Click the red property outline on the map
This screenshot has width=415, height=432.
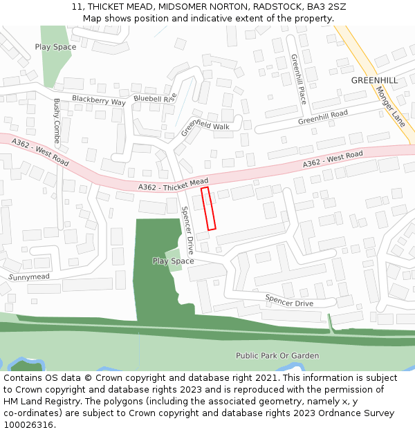(208, 208)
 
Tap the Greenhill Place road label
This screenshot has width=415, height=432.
(298, 79)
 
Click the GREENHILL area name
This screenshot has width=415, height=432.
(374, 80)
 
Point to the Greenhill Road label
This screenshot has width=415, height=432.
(322, 117)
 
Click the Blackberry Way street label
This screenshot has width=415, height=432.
(99, 101)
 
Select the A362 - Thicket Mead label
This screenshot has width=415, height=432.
(173, 184)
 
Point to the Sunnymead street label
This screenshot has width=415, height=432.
(29, 277)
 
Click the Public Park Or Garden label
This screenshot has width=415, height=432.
(277, 356)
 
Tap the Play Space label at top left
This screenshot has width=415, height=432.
(55, 47)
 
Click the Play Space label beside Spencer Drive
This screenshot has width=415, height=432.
(173, 261)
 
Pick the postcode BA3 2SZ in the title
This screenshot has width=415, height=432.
(327, 7)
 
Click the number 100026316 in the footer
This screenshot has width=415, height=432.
(30, 425)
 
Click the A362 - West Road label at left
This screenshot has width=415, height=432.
(41, 152)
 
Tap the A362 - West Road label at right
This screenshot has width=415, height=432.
(333, 158)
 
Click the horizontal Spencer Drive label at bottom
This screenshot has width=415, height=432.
(289, 300)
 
